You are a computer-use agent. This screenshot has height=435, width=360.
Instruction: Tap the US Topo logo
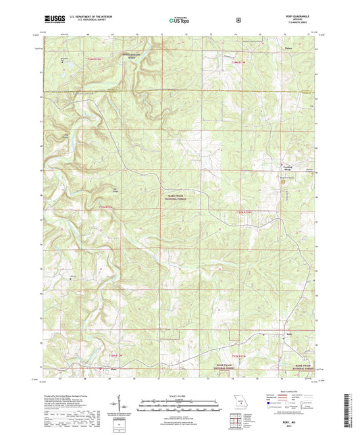click(178, 20)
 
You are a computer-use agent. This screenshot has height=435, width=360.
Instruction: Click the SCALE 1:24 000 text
click(180, 394)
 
